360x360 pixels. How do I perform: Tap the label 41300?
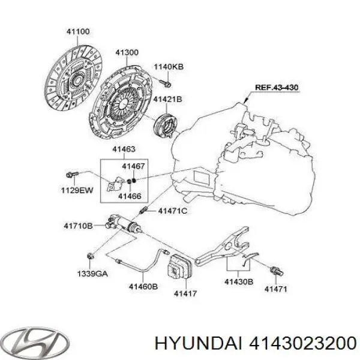tap(127, 53)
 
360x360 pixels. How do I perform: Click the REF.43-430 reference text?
tap(277, 88)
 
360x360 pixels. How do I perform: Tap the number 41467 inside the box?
tap(133, 166)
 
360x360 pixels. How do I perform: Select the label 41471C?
tap(173, 211)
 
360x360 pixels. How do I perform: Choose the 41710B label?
tap(78, 226)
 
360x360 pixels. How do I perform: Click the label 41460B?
tap(142, 287)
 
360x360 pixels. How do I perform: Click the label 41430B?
tap(239, 281)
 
